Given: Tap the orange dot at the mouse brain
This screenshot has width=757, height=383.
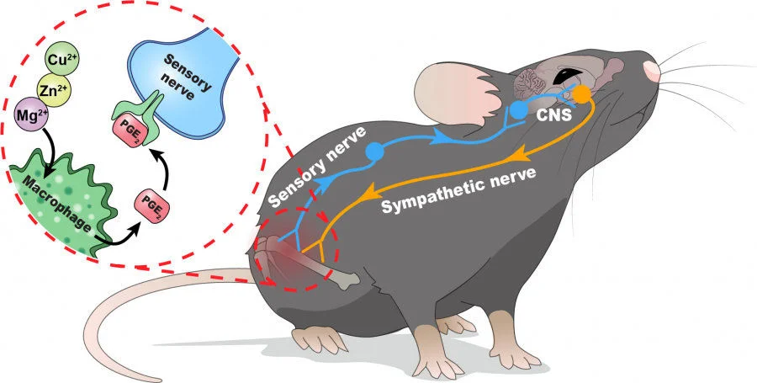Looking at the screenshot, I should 581,93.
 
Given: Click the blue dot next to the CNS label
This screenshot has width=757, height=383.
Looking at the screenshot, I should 520,109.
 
